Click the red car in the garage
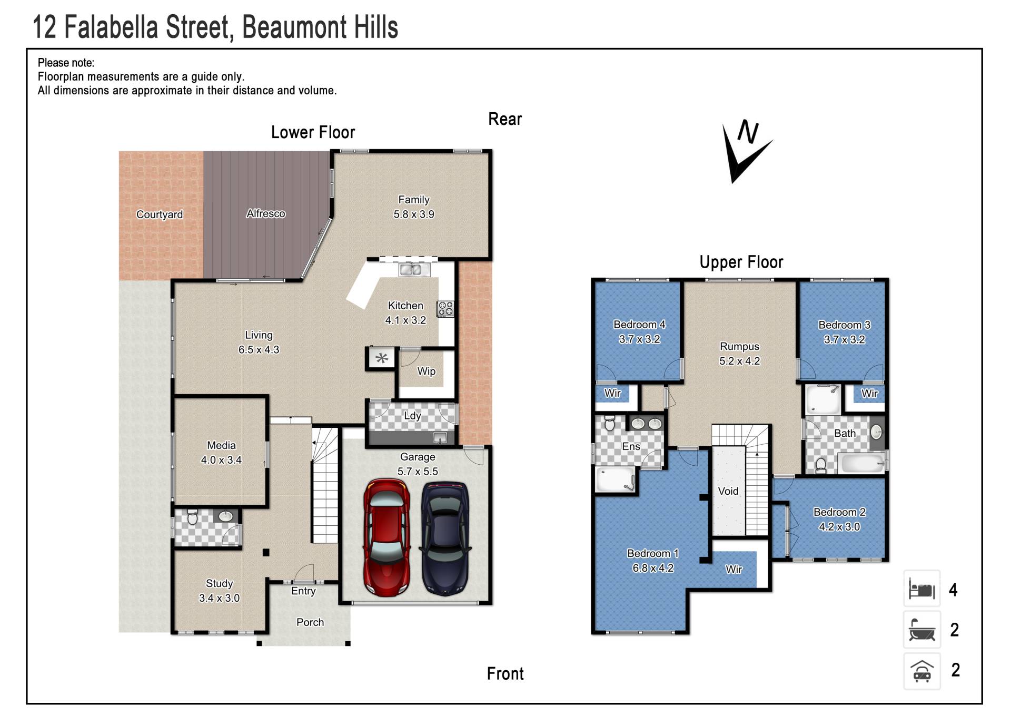(386, 537)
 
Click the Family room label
(414, 200)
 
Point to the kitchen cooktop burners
(445, 309)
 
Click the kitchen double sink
(410, 270)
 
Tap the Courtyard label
(160, 214)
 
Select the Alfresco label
(266, 213)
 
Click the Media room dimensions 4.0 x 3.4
(221, 460)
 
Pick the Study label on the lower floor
(220, 583)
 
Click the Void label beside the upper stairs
(728, 491)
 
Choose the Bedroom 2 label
(839, 512)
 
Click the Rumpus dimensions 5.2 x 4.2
(740, 361)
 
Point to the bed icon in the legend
(922, 589)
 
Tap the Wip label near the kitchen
(427, 371)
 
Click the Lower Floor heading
(313, 132)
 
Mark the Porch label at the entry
(310, 622)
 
